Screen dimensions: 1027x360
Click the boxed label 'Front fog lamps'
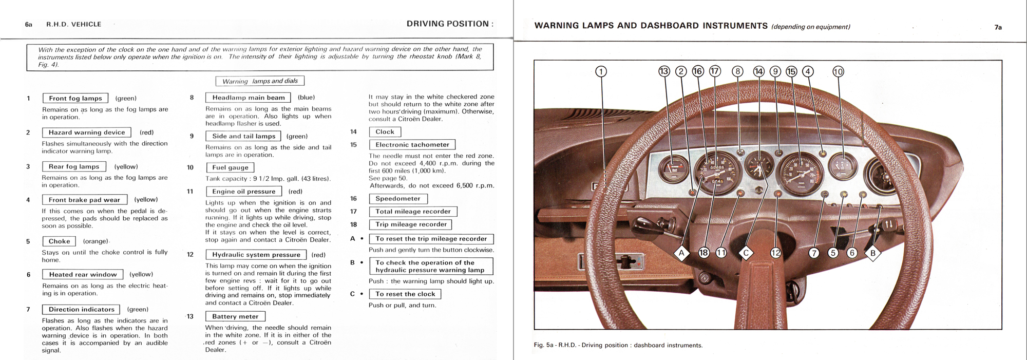75,98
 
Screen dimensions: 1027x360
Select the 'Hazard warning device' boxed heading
87,132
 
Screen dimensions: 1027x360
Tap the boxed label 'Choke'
60,241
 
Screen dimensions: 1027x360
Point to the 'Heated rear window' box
83,275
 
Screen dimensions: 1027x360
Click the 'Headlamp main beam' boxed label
249,98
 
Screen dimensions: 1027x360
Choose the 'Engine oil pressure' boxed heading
244,192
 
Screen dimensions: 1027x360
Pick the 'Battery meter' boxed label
236,316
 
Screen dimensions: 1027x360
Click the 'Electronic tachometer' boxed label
412,145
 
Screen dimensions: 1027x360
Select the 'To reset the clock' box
405,294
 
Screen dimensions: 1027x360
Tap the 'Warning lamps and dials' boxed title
260,81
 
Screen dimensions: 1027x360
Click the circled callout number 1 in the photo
601,71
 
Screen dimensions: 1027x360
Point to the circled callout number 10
838,71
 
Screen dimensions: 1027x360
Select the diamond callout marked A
681,253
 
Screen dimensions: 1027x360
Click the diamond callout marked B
872,253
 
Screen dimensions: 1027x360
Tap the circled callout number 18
703,253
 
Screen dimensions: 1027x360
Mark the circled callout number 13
664,71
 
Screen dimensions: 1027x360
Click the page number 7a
998,27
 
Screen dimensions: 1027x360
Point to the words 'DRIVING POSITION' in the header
448,24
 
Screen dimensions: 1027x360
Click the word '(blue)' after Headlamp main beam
307,98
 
